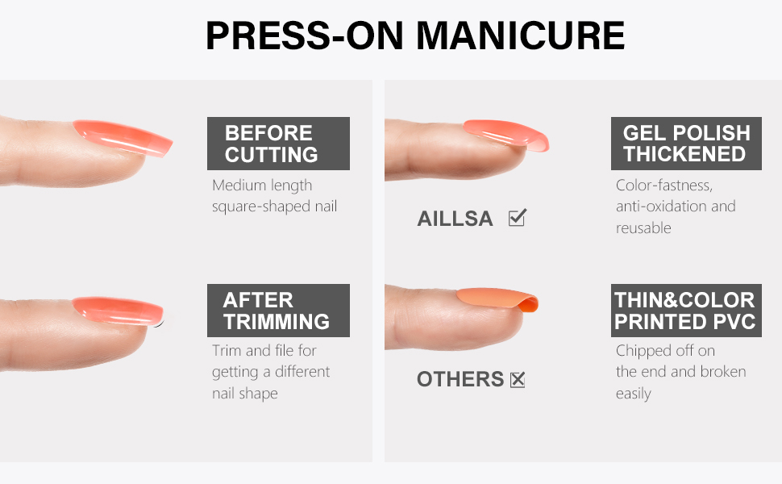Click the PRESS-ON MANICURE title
click(415, 36)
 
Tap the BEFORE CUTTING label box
click(278, 144)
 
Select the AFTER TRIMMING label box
click(278, 311)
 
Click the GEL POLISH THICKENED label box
click(686, 144)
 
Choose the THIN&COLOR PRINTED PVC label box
click(686, 311)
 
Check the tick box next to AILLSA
click(517, 218)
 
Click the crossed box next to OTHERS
click(517, 379)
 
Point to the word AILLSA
click(455, 219)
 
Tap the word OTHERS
click(460, 379)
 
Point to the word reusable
click(643, 228)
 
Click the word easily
click(633, 394)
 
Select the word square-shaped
click(264, 207)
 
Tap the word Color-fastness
click(663, 186)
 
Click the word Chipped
click(643, 351)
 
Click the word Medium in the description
click(239, 186)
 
